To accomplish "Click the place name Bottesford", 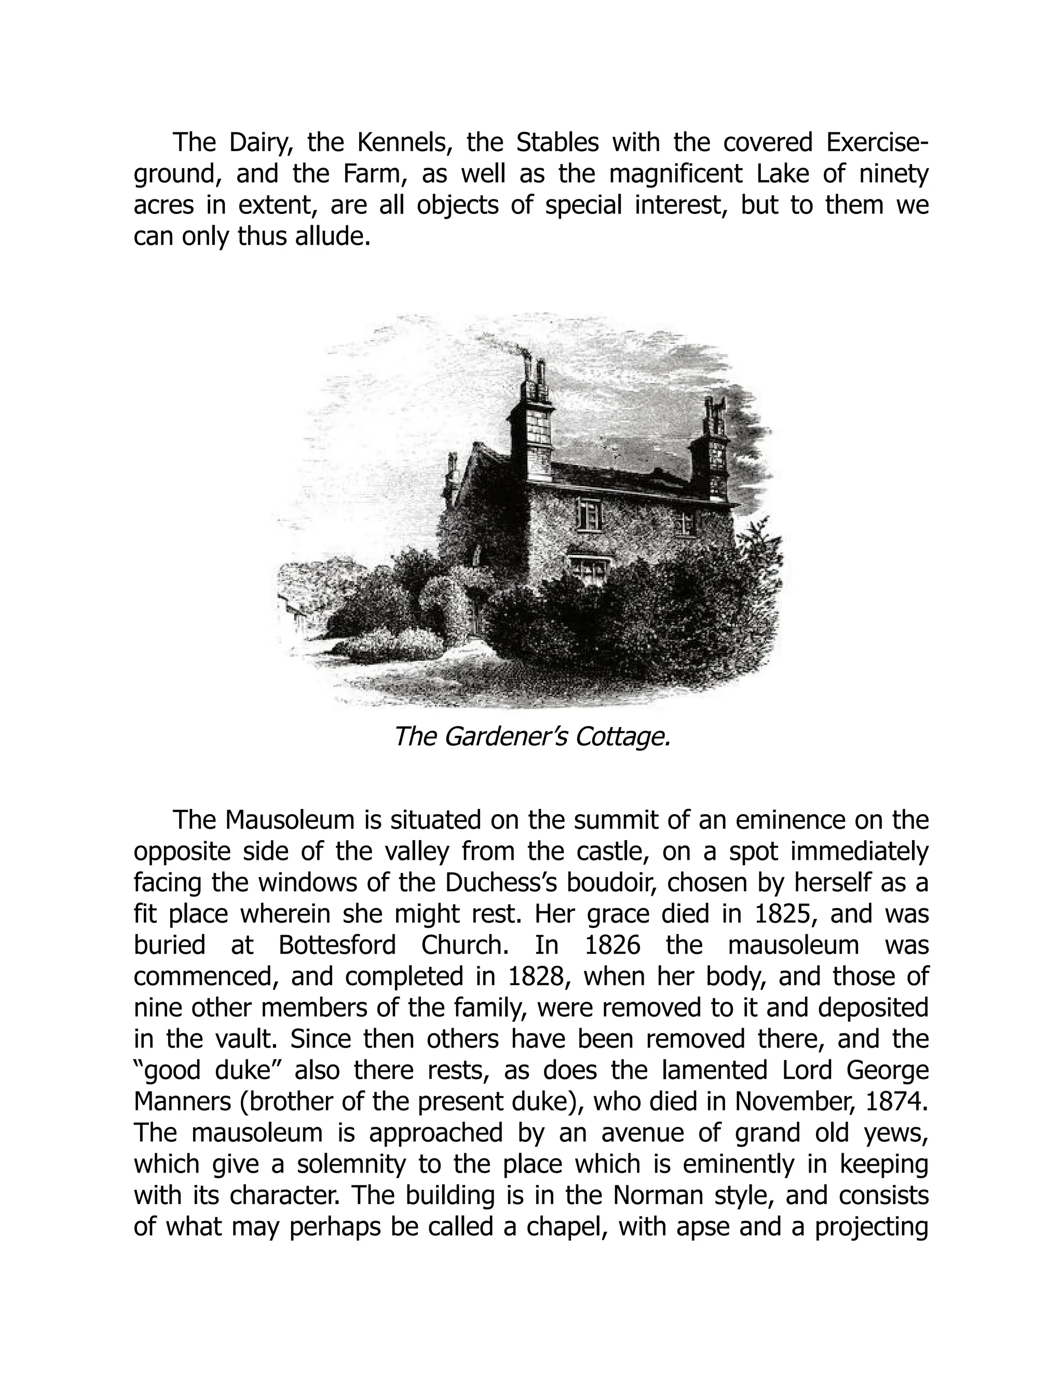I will (337, 946).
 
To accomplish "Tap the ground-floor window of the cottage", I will (588, 568).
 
